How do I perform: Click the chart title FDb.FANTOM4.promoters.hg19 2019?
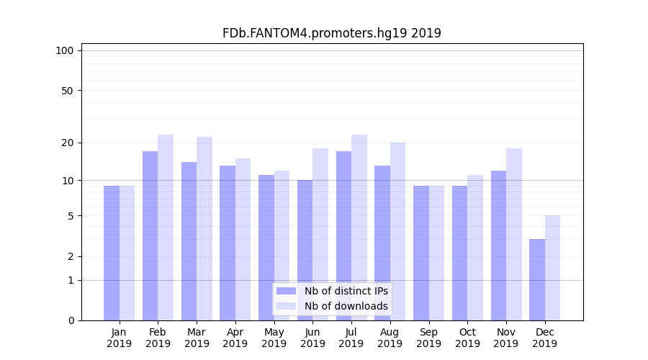click(331, 33)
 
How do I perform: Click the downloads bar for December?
click(552, 268)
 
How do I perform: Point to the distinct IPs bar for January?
click(112, 253)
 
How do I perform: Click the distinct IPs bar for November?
click(498, 246)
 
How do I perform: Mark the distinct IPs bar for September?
click(421, 253)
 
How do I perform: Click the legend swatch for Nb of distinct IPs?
click(286, 291)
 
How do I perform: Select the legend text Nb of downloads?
click(346, 306)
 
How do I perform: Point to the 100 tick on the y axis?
click(65, 50)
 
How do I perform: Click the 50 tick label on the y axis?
click(68, 91)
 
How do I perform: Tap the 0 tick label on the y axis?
click(71, 320)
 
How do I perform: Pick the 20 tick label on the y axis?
click(68, 143)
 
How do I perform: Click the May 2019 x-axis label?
click(274, 338)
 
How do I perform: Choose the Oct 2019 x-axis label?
click(467, 338)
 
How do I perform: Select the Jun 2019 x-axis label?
click(312, 338)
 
